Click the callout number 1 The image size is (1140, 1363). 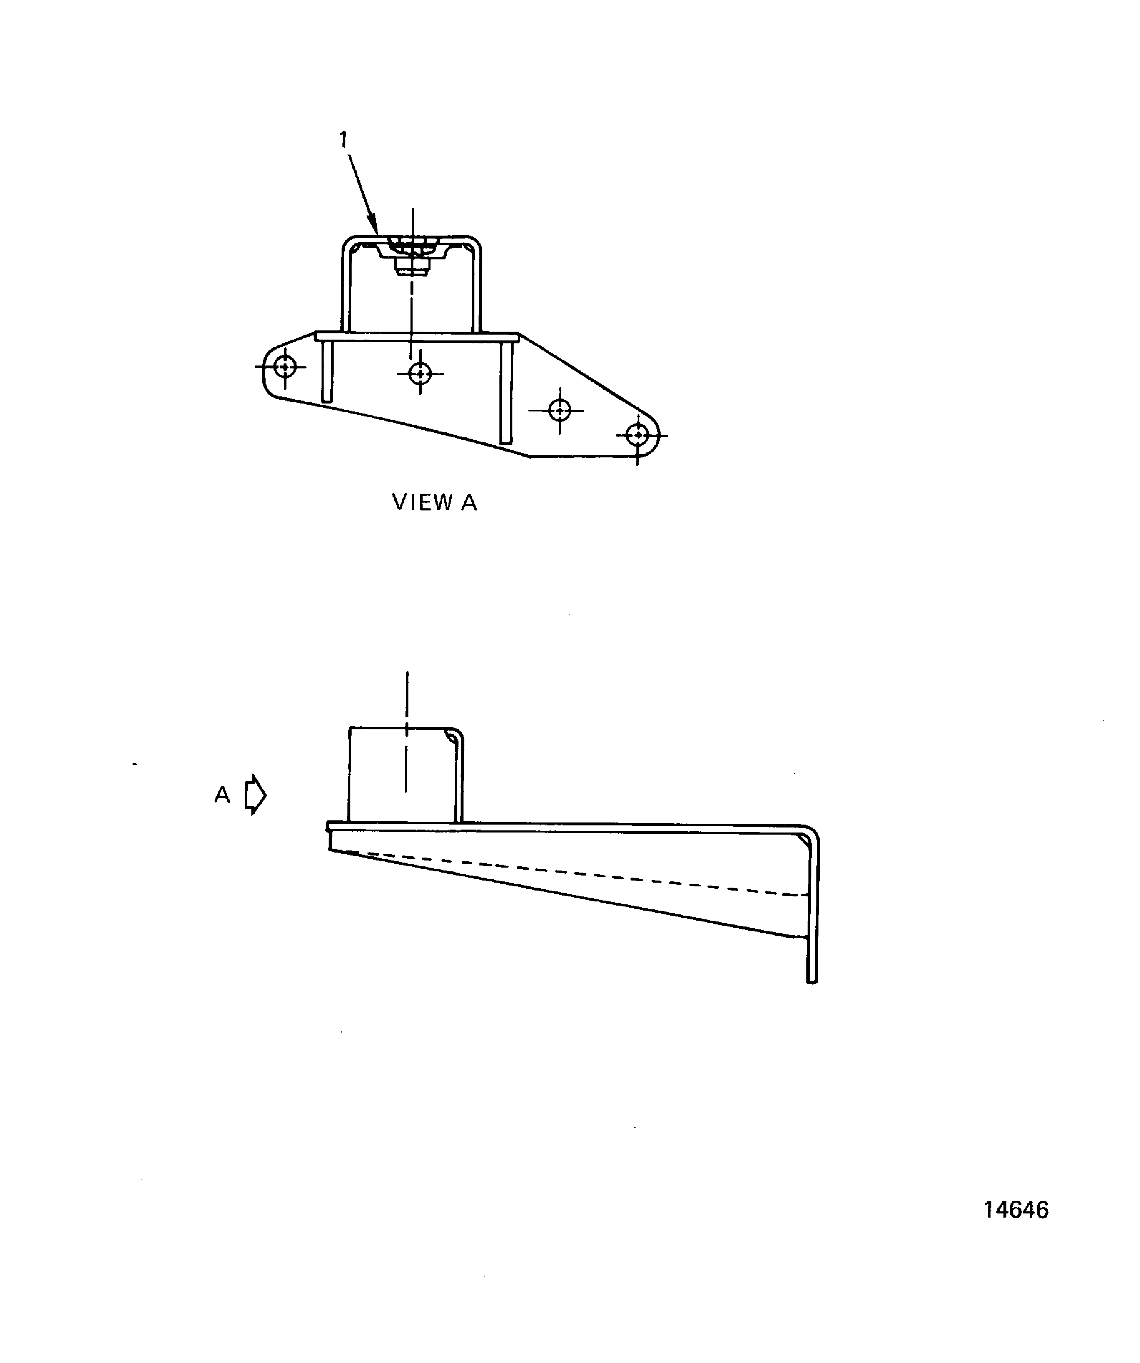tap(343, 140)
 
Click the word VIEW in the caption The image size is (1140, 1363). tap(423, 503)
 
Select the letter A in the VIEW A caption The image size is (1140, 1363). tap(469, 503)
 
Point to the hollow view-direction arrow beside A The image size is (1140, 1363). tap(256, 794)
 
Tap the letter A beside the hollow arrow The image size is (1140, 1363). tap(222, 794)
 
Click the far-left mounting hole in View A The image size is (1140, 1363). tap(285, 367)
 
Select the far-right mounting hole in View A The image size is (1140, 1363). tap(638, 435)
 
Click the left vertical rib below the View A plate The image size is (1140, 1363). tap(327, 372)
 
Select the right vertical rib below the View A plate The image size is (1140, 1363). tap(506, 393)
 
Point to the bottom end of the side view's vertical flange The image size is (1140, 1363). tap(812, 981)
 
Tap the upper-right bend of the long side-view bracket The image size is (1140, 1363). tap(811, 833)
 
